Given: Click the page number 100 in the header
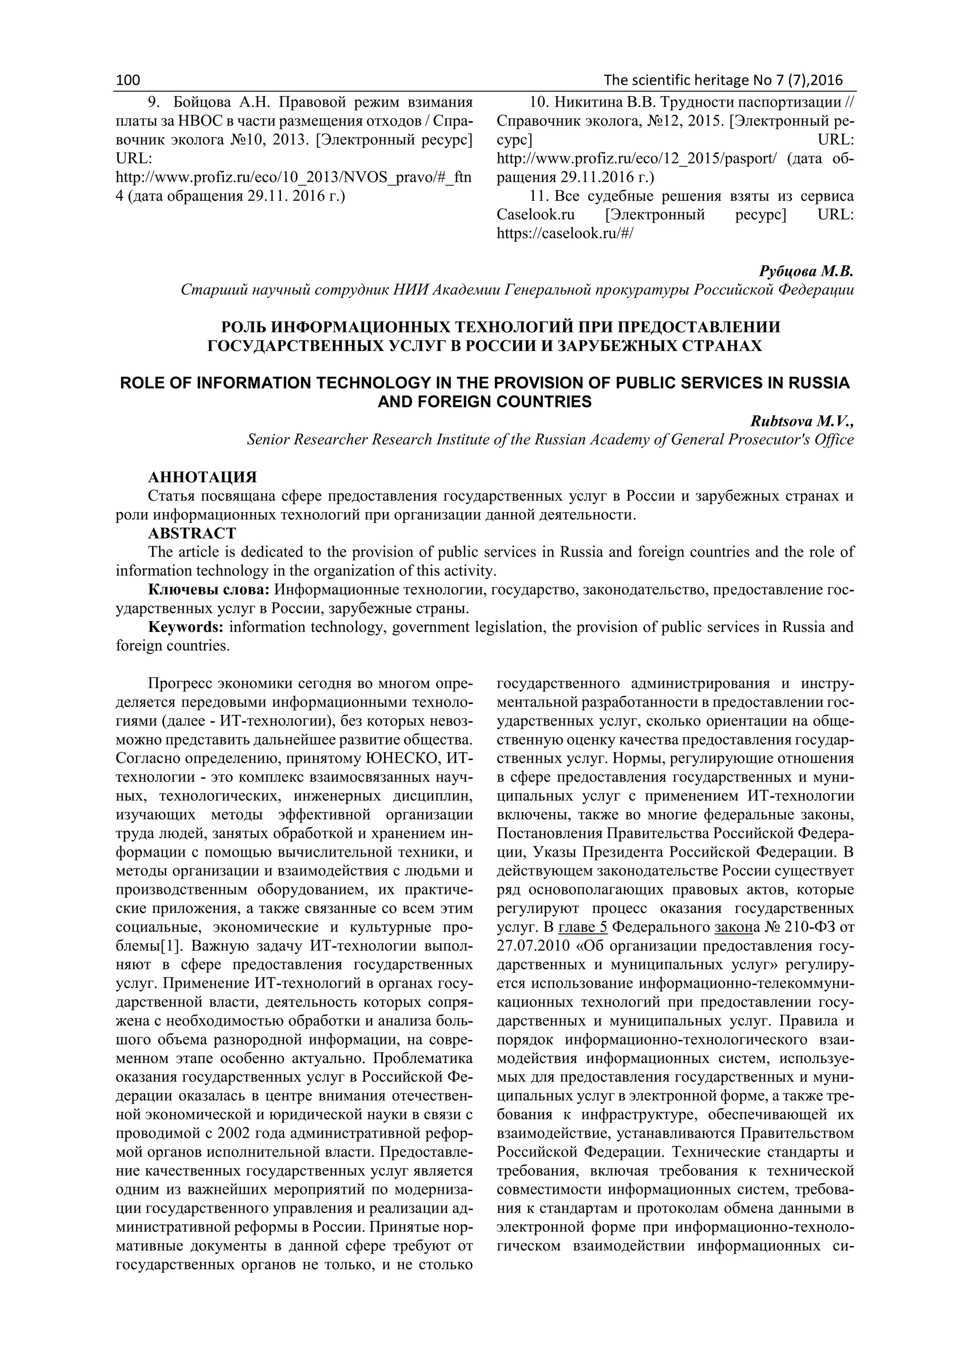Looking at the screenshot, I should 127,80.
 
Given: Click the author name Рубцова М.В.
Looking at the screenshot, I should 806,271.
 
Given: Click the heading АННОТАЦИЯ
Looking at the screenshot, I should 203,477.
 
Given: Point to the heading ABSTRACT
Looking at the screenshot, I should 192,533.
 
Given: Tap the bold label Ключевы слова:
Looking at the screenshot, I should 209,590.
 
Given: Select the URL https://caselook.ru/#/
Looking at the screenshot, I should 565,234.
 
